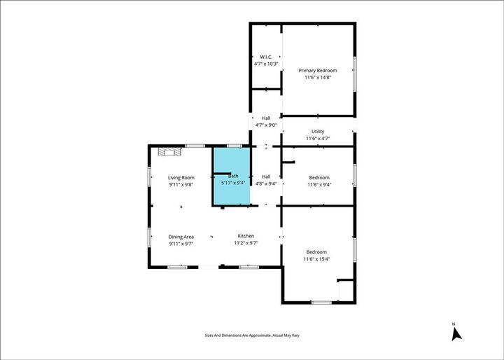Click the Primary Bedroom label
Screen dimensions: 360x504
coord(318,71)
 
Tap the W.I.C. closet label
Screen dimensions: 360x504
coord(266,57)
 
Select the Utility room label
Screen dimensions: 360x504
coord(318,132)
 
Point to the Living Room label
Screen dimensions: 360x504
coord(181,178)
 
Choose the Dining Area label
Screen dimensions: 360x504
coord(181,237)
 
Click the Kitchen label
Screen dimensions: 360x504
coord(246,236)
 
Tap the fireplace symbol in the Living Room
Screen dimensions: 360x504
coord(169,151)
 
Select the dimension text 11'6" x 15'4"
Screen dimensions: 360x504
coord(317,260)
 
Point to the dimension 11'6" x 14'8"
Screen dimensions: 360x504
coord(318,78)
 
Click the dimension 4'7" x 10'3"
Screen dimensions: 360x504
coord(266,64)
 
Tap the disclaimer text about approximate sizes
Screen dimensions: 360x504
coord(252,336)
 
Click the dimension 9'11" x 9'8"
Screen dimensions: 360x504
coord(181,186)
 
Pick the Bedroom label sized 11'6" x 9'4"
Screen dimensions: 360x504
coord(318,178)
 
